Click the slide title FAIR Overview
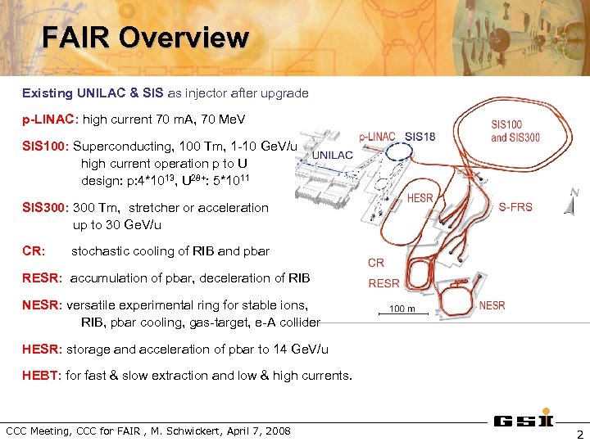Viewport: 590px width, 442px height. pyautogui.click(x=145, y=38)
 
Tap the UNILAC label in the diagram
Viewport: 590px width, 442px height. pyautogui.click(x=332, y=155)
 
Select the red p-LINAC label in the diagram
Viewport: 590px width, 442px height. pyautogui.click(x=377, y=137)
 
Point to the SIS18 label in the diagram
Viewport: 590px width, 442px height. pyautogui.click(x=420, y=137)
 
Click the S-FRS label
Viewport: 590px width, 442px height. pyautogui.click(x=515, y=207)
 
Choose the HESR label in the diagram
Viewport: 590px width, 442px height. pyautogui.click(x=420, y=198)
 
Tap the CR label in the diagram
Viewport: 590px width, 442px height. pyautogui.click(x=376, y=263)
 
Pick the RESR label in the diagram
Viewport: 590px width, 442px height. pyautogui.click(x=384, y=283)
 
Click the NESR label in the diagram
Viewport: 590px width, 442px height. pyautogui.click(x=492, y=305)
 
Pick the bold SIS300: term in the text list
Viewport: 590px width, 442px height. pyautogui.click(x=46, y=208)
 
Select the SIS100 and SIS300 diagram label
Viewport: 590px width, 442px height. pyautogui.click(x=515, y=131)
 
